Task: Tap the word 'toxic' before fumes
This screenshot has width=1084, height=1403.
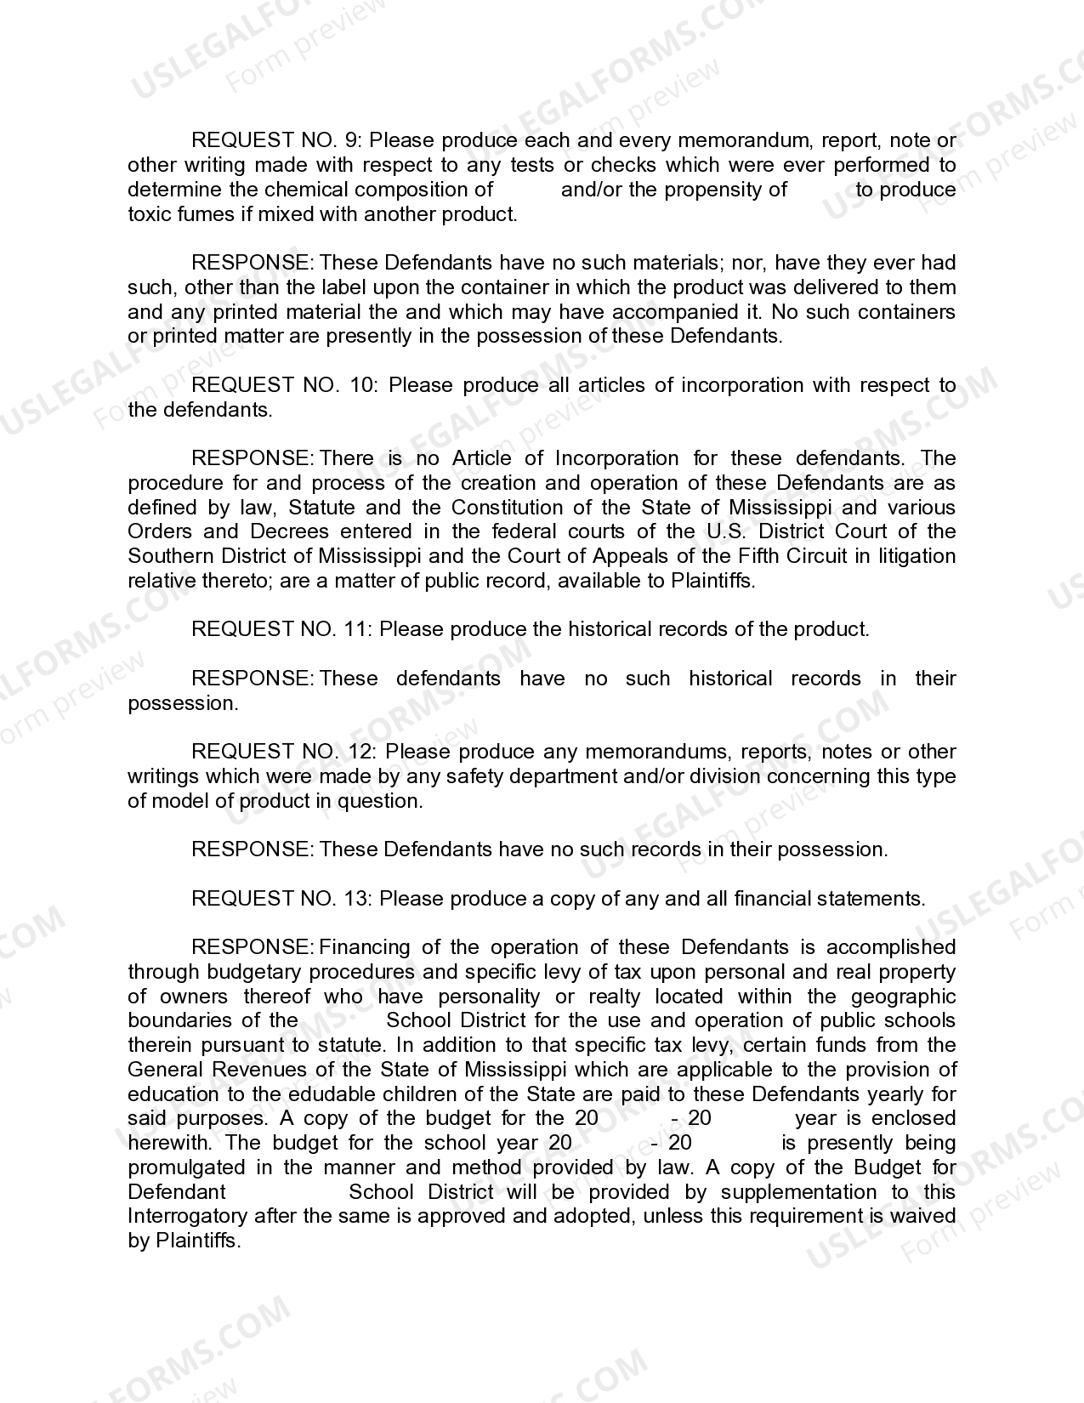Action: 150,213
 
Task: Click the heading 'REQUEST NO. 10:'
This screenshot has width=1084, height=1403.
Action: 286,385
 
